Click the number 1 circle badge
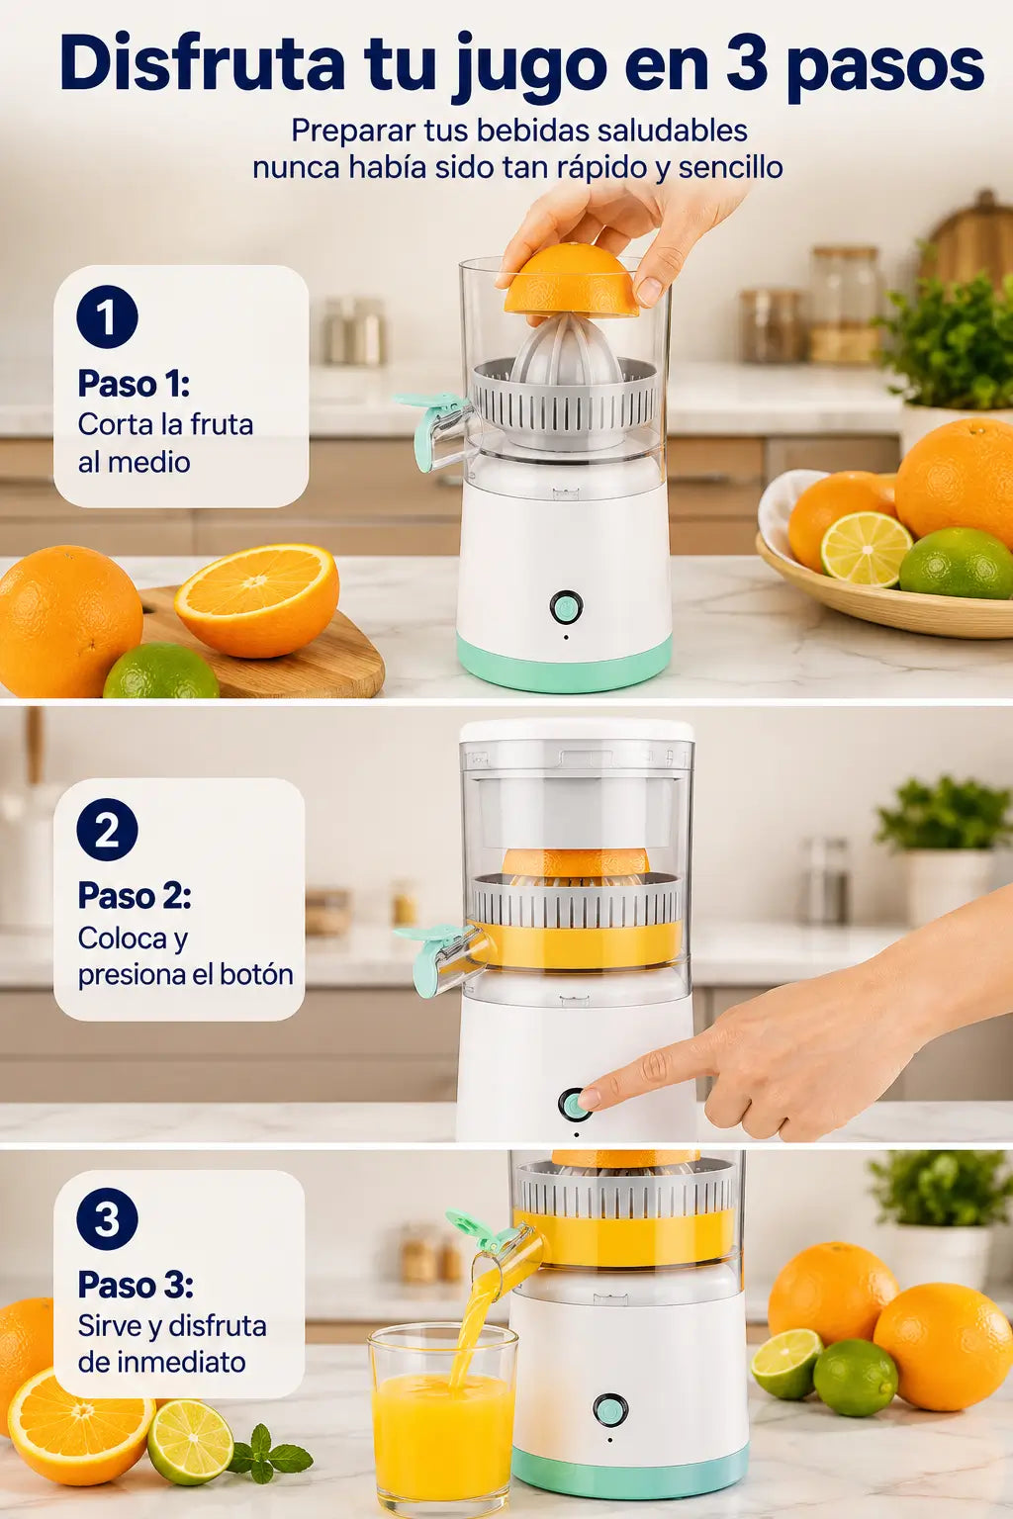tap(107, 316)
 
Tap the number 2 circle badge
tap(107, 830)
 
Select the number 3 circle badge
tap(107, 1218)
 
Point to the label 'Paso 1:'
tap(134, 384)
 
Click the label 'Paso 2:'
tap(135, 896)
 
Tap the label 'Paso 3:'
tap(136, 1285)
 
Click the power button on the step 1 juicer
tap(566, 607)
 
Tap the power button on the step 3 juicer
tap(610, 1410)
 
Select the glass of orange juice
tap(444, 1421)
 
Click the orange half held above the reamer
tap(572, 280)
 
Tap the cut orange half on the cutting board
tap(258, 600)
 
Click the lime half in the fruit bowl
tap(867, 549)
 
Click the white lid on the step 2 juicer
tap(577, 730)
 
